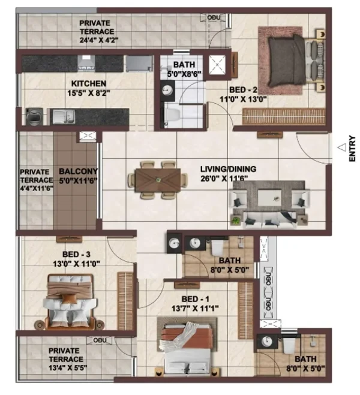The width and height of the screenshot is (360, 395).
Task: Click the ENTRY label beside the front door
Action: click(x=352, y=149)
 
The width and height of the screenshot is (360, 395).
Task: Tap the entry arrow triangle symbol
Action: click(x=343, y=147)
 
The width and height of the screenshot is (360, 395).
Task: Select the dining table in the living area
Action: click(x=158, y=180)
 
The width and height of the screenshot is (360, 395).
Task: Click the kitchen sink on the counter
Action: click(x=64, y=117)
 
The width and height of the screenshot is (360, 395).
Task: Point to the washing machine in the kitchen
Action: click(x=34, y=117)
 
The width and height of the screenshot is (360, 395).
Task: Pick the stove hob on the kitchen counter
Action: click(x=86, y=62)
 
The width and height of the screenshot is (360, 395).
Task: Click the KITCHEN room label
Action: click(x=88, y=83)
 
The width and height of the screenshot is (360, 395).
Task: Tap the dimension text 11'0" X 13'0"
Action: click(x=243, y=99)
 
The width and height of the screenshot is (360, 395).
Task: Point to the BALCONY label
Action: click(x=78, y=171)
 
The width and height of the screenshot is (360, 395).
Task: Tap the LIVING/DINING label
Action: click(x=229, y=169)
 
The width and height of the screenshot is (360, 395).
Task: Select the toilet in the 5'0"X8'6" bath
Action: click(x=172, y=114)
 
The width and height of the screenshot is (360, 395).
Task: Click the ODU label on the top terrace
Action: click(x=214, y=17)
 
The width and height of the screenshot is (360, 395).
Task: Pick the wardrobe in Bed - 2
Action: click(x=284, y=116)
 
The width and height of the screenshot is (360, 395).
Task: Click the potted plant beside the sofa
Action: click(x=236, y=221)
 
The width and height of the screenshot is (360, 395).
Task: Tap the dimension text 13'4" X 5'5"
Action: click(x=68, y=368)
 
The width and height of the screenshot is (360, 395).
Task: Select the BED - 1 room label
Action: click(x=196, y=299)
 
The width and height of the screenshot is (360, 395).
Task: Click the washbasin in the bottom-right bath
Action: click(x=267, y=341)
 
